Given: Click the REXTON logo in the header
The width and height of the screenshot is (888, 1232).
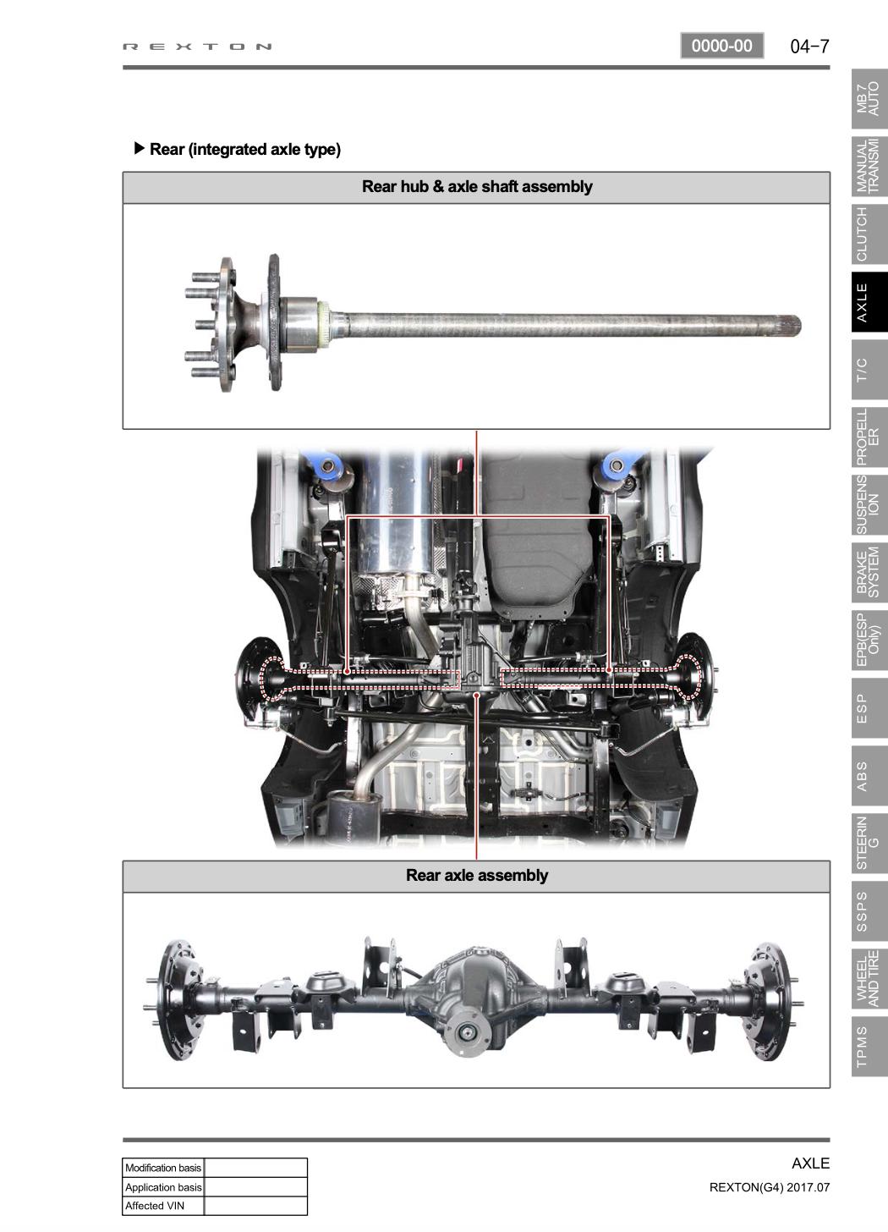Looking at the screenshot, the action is [x=197, y=47].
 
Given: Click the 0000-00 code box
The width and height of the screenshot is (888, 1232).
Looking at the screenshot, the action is [x=721, y=46].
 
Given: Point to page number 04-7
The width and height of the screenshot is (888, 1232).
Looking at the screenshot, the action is [x=809, y=47].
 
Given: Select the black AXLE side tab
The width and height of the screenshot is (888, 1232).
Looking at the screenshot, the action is [x=869, y=303].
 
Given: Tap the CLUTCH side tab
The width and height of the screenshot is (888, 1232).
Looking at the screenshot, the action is [x=869, y=234].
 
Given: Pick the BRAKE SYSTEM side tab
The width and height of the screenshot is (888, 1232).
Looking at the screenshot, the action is [x=869, y=573].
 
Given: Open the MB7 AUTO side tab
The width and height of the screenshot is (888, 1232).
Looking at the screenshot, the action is [x=869, y=99].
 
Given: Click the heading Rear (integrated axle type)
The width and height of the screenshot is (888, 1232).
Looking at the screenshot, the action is [x=245, y=149].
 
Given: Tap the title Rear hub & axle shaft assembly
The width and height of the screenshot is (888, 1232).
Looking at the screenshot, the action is [x=477, y=186].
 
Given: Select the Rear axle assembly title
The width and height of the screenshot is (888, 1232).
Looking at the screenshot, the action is [x=477, y=875].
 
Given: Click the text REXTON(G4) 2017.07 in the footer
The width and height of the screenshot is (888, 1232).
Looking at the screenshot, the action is [x=770, y=1187].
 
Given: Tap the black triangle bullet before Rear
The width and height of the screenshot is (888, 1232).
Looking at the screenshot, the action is [x=139, y=148].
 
